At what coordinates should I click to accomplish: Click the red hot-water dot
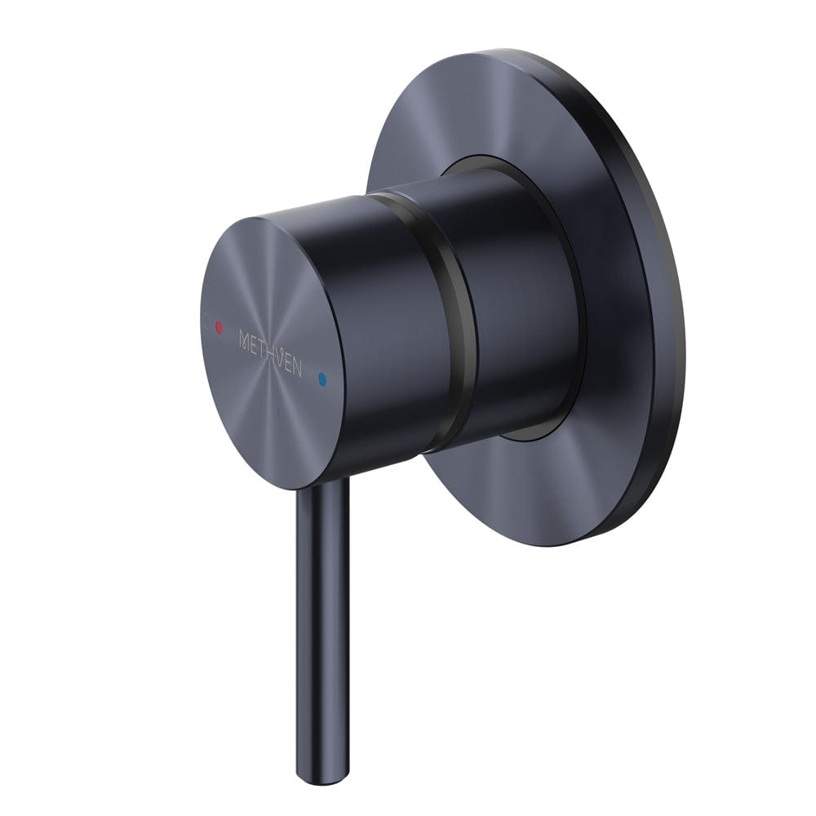pyautogui.click(x=218, y=327)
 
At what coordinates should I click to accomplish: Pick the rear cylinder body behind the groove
pyautogui.click(x=514, y=310)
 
